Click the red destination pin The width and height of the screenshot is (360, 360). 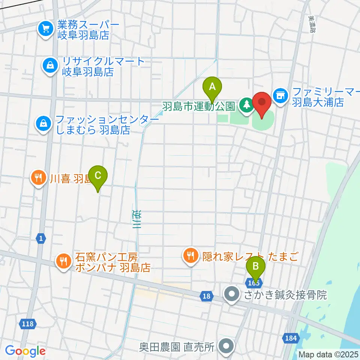pos(262,103)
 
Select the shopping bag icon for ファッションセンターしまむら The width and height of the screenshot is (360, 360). pos(44,123)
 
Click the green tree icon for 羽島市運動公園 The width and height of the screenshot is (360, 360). pos(246,105)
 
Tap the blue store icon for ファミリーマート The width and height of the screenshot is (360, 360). pos(279,96)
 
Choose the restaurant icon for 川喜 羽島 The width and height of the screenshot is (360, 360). pos(38,177)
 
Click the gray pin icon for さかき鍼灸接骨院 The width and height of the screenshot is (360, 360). pos(232,294)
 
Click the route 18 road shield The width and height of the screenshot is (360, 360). pos(206,296)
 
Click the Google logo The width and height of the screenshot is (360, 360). pos(25,351)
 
